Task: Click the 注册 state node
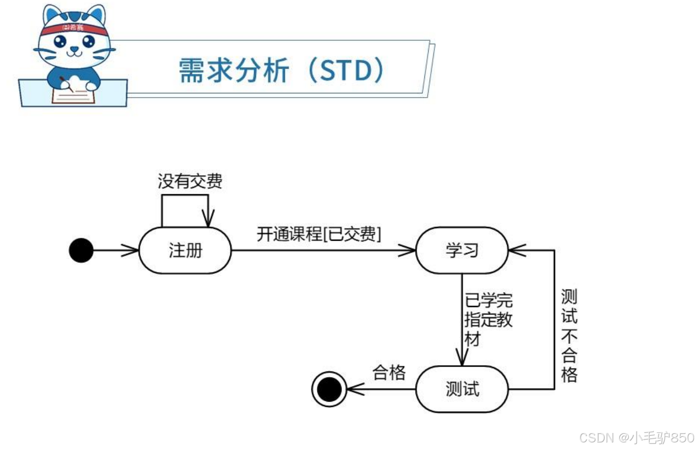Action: (x=185, y=250)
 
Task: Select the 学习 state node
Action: (x=462, y=250)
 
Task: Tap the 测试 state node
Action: (x=462, y=389)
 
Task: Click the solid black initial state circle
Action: (x=81, y=250)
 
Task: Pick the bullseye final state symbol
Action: (x=329, y=389)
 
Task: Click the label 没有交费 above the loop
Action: (x=190, y=181)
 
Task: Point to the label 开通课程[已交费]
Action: (x=318, y=234)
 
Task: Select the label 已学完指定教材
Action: (x=488, y=319)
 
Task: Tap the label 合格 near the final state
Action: (x=389, y=372)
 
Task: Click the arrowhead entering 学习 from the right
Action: (x=517, y=250)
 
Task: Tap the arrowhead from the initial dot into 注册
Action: (x=130, y=250)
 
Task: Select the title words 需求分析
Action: (x=234, y=71)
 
